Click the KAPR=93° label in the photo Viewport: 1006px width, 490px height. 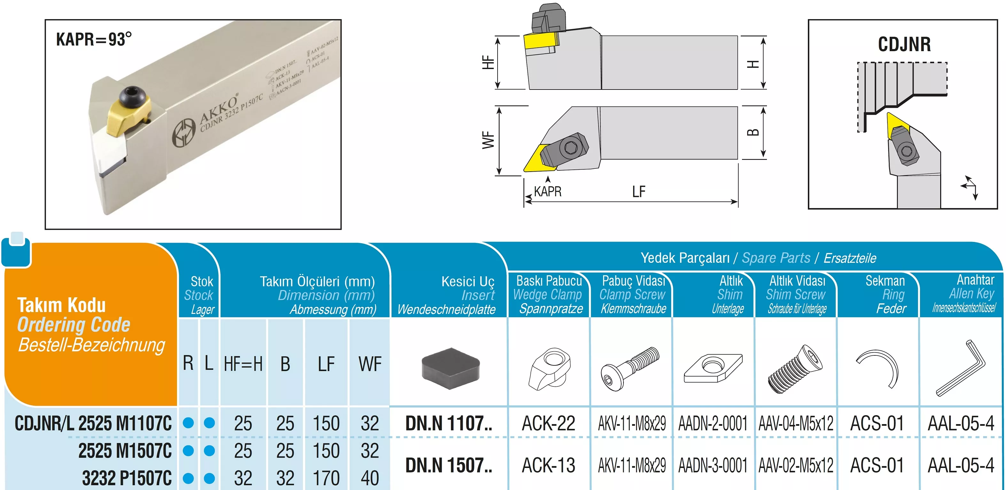pyautogui.click(x=94, y=39)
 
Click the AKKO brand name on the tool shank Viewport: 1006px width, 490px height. pyautogui.click(x=219, y=109)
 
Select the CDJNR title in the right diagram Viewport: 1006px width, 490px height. pyautogui.click(x=904, y=44)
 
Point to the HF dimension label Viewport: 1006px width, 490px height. pyautogui.click(x=488, y=63)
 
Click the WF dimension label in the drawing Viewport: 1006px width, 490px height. pyautogui.click(x=488, y=140)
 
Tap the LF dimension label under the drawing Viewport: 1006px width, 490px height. pyautogui.click(x=639, y=192)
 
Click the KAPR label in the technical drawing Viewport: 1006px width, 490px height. pyautogui.click(x=547, y=191)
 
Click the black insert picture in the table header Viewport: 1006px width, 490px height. pyautogui.click(x=450, y=368)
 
